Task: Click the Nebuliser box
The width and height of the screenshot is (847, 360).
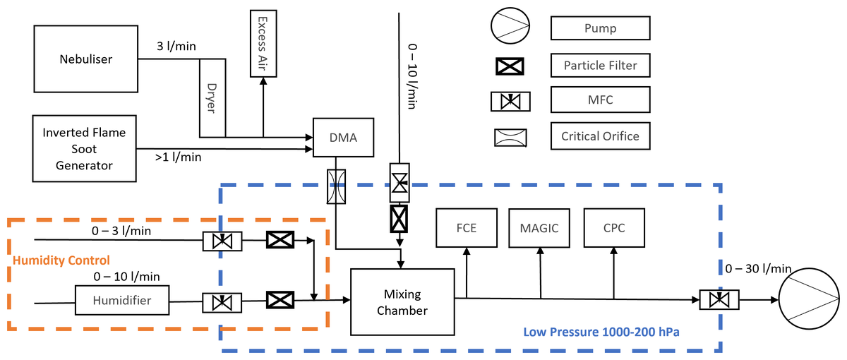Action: coord(85,59)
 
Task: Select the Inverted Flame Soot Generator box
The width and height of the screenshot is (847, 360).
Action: coord(78,149)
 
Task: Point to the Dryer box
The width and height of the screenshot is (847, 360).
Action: coord(212,99)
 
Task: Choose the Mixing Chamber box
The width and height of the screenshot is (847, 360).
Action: coord(402,301)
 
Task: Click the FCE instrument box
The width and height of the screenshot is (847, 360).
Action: coord(467,227)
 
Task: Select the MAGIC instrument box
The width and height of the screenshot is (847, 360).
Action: coord(539,227)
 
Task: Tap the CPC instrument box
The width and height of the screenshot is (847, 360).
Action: coord(613,227)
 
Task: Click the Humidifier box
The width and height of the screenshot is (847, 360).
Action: coord(123,300)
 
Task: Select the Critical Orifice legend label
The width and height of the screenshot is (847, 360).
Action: coord(600,136)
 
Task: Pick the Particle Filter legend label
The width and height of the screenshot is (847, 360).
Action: coord(600,66)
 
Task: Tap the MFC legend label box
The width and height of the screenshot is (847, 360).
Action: coord(600,100)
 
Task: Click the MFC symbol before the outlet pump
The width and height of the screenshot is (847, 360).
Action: coord(719,300)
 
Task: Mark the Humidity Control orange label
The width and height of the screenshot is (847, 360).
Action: coord(61,260)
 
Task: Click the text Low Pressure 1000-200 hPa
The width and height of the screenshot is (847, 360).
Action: coord(601,331)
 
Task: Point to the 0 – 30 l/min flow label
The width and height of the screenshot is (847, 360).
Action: coord(758,268)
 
